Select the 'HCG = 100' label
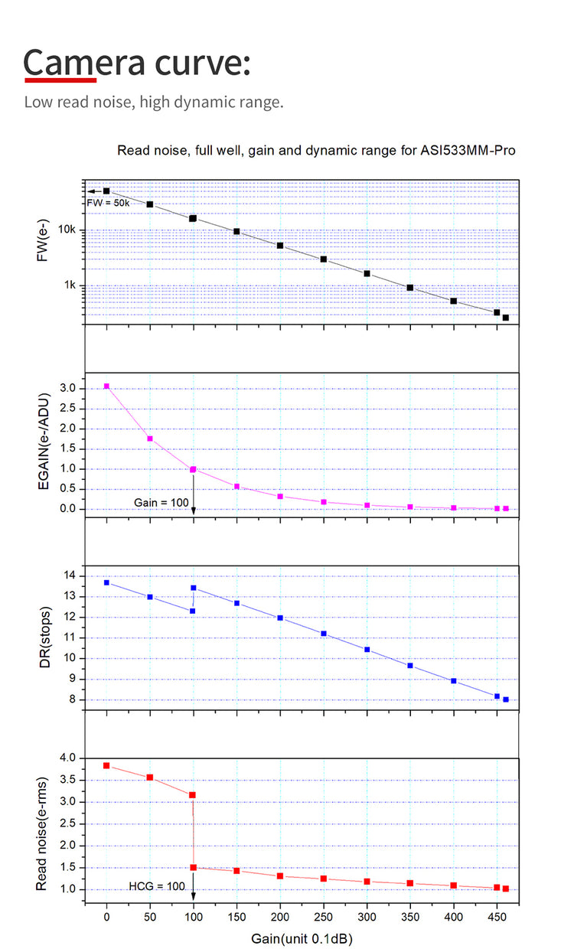tap(157, 886)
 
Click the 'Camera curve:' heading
tap(138, 62)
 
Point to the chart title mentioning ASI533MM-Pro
tap(316, 150)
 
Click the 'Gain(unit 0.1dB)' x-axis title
tap(302, 937)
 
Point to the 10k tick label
tap(67, 230)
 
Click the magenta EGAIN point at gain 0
tap(106, 386)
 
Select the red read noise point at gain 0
tap(106, 765)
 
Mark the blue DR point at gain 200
tap(280, 618)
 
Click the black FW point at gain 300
tap(367, 273)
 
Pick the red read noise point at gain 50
tap(150, 777)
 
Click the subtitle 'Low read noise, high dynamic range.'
tap(154, 102)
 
